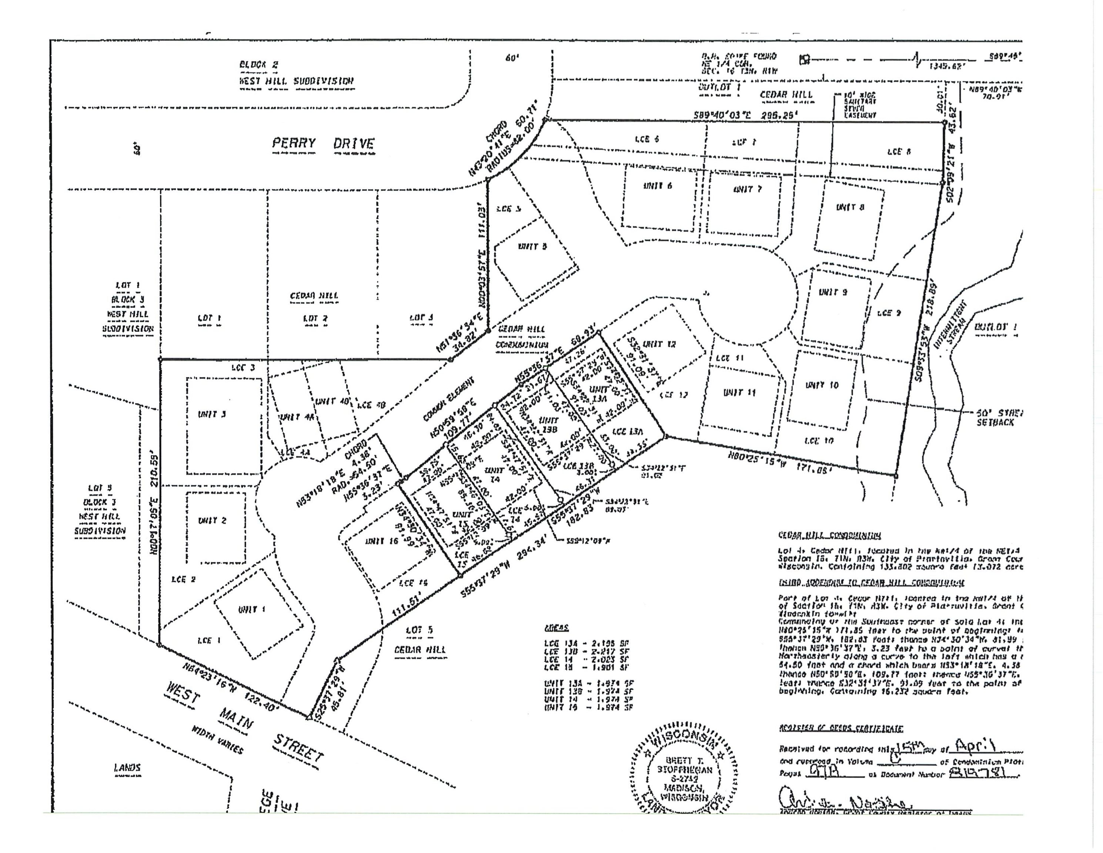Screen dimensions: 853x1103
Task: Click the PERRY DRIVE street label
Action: (x=323, y=144)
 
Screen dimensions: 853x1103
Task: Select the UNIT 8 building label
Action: (x=850, y=207)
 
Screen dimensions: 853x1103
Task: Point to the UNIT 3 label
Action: (x=212, y=414)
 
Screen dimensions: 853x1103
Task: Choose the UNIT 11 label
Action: (x=739, y=392)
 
